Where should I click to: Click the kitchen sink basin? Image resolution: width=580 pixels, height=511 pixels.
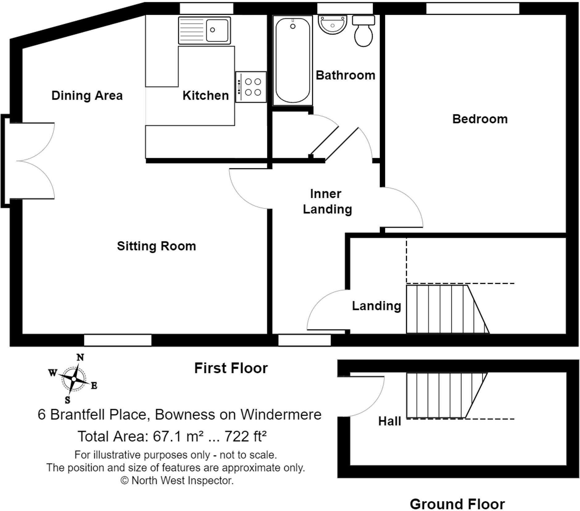click(217, 30)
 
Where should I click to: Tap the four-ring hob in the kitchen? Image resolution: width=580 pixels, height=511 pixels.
click(251, 87)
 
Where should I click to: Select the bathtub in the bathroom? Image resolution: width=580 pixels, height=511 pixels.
click(292, 60)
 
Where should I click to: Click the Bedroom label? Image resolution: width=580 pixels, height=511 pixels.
click(480, 119)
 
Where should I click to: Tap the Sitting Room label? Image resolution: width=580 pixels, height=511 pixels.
click(156, 246)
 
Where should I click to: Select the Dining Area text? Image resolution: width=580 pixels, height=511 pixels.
click(87, 96)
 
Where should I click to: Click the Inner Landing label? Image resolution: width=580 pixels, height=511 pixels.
click(327, 201)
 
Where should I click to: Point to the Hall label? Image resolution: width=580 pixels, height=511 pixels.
click(389, 422)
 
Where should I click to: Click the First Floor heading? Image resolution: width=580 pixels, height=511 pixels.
click(231, 368)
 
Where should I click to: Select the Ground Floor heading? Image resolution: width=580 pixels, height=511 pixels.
click(457, 504)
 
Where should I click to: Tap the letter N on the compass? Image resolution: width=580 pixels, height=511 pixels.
click(80, 357)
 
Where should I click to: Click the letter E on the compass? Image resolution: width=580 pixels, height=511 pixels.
click(94, 385)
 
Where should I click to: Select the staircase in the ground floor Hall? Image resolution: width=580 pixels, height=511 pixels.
click(441, 395)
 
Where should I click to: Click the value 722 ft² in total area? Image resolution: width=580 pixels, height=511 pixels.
click(245, 436)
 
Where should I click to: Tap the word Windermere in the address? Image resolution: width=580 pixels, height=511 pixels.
click(281, 414)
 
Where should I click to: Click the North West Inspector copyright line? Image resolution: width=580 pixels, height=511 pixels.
click(177, 480)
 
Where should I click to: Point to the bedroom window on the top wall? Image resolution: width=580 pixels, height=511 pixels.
click(472, 8)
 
